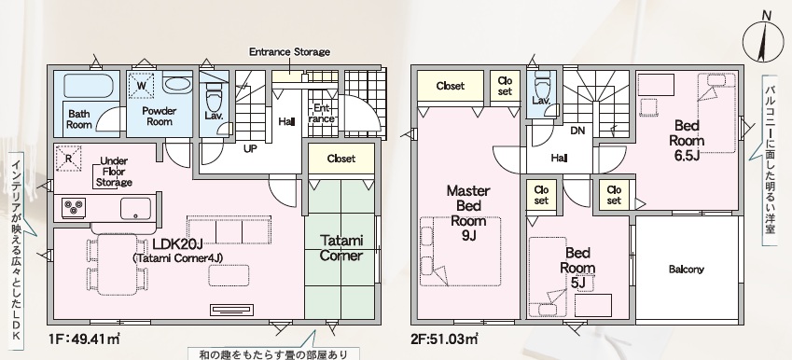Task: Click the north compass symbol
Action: (x=762, y=40)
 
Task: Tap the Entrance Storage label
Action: (x=289, y=51)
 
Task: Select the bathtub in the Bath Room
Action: (x=89, y=87)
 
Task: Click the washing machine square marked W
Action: (x=142, y=86)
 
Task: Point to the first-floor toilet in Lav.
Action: (x=215, y=93)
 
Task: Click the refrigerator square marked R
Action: (x=68, y=159)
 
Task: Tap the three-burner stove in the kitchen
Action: (x=74, y=208)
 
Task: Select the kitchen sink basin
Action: (x=135, y=208)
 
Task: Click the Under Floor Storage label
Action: (x=114, y=172)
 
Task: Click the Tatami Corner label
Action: (x=340, y=248)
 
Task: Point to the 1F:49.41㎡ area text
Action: (x=84, y=339)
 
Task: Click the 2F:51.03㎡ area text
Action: (x=445, y=339)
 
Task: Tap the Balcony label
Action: (x=687, y=270)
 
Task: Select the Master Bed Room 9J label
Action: (x=468, y=213)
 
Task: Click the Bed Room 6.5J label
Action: (x=687, y=140)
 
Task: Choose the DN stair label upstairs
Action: (x=577, y=131)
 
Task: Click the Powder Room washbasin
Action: (x=178, y=85)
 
